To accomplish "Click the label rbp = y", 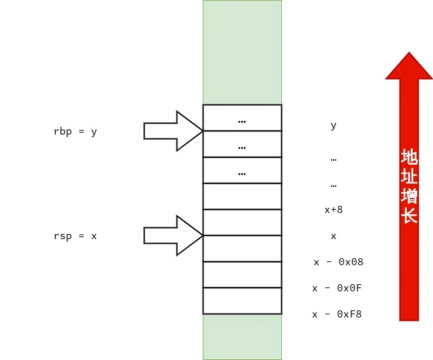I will (x=75, y=131).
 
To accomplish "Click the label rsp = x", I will (x=75, y=236).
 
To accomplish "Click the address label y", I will (x=334, y=125).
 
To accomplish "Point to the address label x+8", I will (x=334, y=210).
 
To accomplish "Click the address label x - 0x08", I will (x=338, y=262).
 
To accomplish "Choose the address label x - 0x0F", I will (x=337, y=288).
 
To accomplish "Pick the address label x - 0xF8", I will (x=337, y=314).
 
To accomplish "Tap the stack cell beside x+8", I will (x=242, y=196).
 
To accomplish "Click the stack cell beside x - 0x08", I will (x=242, y=248).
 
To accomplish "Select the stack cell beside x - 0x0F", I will (x=242, y=274).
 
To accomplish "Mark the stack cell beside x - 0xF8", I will (x=242, y=301).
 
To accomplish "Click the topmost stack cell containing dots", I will (x=242, y=118).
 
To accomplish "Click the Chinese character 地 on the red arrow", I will (x=409, y=157).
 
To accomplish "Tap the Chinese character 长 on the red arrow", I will (x=409, y=216).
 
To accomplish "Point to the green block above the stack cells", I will (x=242, y=52).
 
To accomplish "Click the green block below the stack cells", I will (x=242, y=336).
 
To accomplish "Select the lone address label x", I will (x=334, y=236).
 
